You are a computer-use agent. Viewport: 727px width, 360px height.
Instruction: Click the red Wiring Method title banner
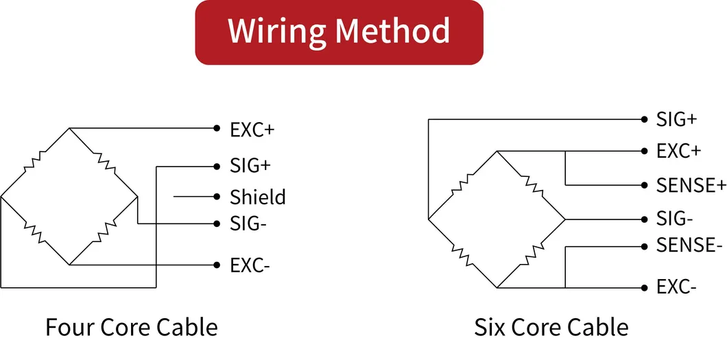tap(339, 32)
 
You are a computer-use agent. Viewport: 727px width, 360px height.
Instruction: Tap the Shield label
tap(258, 197)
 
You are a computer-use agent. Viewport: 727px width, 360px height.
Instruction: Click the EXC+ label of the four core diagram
tap(252, 130)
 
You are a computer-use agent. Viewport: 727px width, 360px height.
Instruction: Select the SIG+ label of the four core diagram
tap(250, 167)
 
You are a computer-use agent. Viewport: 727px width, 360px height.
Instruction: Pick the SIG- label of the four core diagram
tap(248, 224)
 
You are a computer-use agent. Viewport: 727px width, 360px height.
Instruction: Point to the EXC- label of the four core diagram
tap(250, 266)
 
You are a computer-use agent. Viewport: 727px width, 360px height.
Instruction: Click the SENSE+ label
tap(691, 185)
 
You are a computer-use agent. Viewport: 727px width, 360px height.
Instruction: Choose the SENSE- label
tap(689, 245)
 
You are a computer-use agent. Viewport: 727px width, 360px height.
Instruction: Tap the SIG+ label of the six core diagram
tap(676, 119)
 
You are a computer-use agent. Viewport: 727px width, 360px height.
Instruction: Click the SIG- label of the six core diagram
tap(675, 219)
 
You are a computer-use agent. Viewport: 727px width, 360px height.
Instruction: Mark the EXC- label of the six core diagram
tap(676, 288)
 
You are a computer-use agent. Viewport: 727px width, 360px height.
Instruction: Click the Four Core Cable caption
tap(132, 327)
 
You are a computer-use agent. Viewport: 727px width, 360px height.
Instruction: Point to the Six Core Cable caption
tap(551, 327)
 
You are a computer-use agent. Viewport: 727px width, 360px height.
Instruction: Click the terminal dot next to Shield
tap(217, 197)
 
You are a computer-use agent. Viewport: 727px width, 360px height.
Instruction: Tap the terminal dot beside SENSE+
tap(644, 185)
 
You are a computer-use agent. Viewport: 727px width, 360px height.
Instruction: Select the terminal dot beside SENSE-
tap(644, 247)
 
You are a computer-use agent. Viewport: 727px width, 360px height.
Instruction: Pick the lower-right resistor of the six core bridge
tap(532, 253)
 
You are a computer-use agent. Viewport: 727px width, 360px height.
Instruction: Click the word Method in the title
tap(392, 31)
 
